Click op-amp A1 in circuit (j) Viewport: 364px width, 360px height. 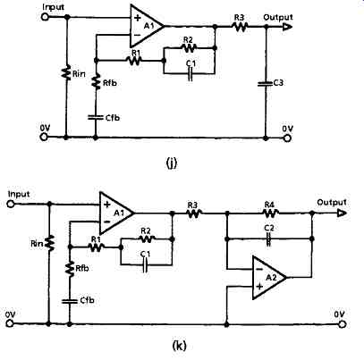(147, 27)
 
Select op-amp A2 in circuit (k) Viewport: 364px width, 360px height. (269, 278)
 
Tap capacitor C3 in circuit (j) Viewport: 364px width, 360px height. (266, 84)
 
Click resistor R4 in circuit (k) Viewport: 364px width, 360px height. (271, 213)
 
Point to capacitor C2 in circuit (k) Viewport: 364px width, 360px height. (268, 239)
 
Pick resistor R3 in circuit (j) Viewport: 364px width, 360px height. (240, 27)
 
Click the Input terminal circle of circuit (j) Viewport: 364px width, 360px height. (45, 17)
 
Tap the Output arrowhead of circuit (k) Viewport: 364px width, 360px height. (342, 213)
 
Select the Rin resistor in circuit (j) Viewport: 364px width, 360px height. (66, 73)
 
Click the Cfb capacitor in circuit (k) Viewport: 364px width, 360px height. (70, 301)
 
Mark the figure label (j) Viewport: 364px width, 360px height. (171, 163)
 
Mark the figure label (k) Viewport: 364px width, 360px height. (179, 346)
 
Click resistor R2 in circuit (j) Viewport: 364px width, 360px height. (189, 47)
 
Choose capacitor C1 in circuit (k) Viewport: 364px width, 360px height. (145, 264)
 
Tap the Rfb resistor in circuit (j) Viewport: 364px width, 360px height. (96, 81)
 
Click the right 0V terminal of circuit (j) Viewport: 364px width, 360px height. (287, 138)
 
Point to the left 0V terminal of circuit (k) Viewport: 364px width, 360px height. (11, 323)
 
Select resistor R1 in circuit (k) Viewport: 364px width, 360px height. (96, 247)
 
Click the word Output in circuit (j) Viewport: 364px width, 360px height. (278, 18)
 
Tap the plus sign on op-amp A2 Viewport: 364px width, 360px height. (259, 287)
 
